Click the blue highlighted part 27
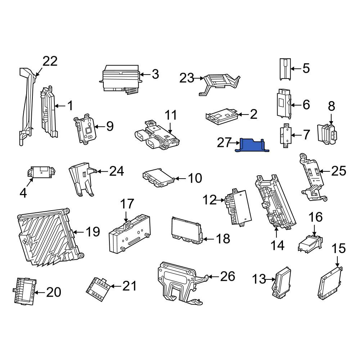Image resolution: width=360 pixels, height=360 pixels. (x=252, y=145)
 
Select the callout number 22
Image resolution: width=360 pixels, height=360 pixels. (x=50, y=61)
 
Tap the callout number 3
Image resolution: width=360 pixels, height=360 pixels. (x=156, y=75)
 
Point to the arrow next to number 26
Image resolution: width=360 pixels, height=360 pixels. (x=213, y=277)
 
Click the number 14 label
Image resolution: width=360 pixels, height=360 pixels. (x=277, y=246)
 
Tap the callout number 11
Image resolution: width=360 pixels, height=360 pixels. (x=171, y=115)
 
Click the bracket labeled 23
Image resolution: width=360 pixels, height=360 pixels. (x=219, y=84)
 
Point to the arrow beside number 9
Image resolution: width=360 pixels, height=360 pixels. (x=100, y=126)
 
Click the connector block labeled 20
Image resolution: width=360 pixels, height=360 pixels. (x=24, y=291)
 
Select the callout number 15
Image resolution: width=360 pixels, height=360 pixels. (x=339, y=248)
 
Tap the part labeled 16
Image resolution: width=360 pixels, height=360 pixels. (x=310, y=244)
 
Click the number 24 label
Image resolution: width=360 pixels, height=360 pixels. (x=116, y=171)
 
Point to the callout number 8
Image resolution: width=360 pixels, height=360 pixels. (x=331, y=106)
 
